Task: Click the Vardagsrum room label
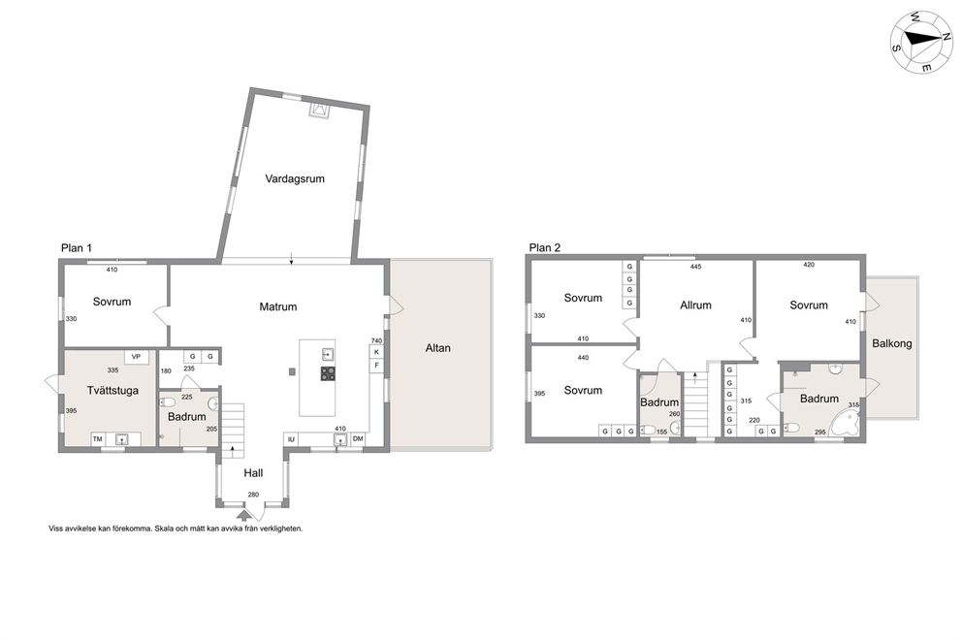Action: click(x=295, y=179)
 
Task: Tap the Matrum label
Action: click(x=278, y=306)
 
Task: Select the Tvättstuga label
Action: click(x=112, y=391)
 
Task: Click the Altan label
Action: click(x=438, y=348)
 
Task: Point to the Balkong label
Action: click(x=892, y=343)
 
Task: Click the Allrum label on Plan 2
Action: click(x=695, y=304)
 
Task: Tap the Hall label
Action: click(x=253, y=473)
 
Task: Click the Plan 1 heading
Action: click(x=77, y=248)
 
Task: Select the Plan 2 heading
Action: click(x=545, y=248)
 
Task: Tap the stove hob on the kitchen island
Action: click(x=328, y=373)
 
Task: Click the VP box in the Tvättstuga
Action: click(x=136, y=357)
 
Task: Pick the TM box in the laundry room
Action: click(x=98, y=438)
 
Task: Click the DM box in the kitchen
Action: click(x=358, y=438)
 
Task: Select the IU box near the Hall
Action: click(x=291, y=439)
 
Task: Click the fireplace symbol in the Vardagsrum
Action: click(x=319, y=111)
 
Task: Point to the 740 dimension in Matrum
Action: click(x=376, y=341)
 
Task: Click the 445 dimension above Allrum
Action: click(x=695, y=267)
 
